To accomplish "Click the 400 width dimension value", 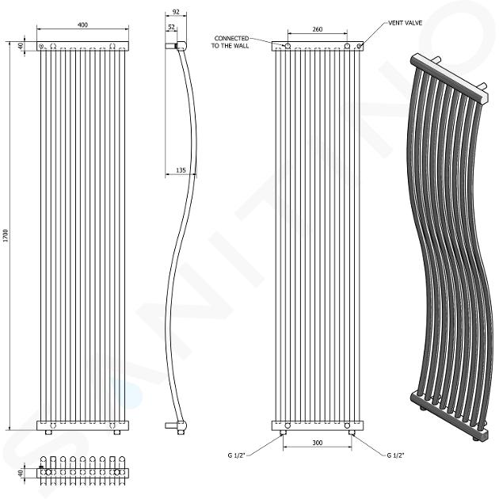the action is coord(82,25).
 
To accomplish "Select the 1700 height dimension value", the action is coord(6,235).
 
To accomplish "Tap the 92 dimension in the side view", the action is coord(176,12).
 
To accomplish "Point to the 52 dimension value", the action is coord(171,27).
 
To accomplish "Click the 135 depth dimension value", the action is coord(181,170).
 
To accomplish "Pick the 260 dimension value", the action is coord(318,29).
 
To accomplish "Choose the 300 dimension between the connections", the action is coord(318,443).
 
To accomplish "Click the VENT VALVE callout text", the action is coord(405,23).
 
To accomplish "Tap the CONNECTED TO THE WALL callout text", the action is coord(230,42).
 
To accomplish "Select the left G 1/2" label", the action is coord(237,455).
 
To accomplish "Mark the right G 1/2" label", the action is coord(395,455).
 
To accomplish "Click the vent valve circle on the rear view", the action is coord(359,46).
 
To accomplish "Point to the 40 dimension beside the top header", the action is coord(21,46).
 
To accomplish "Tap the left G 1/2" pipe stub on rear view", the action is coord(283,432).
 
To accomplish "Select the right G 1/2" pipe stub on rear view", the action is coord(352,432).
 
